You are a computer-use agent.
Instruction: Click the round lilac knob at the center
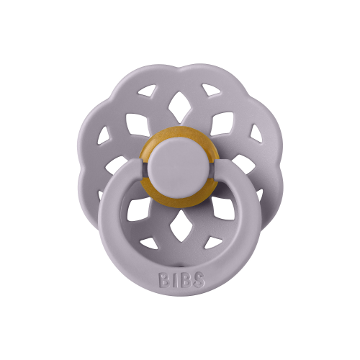pyautogui.click(x=181, y=168)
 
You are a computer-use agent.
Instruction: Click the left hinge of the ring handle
pyautogui.click(x=139, y=165)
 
